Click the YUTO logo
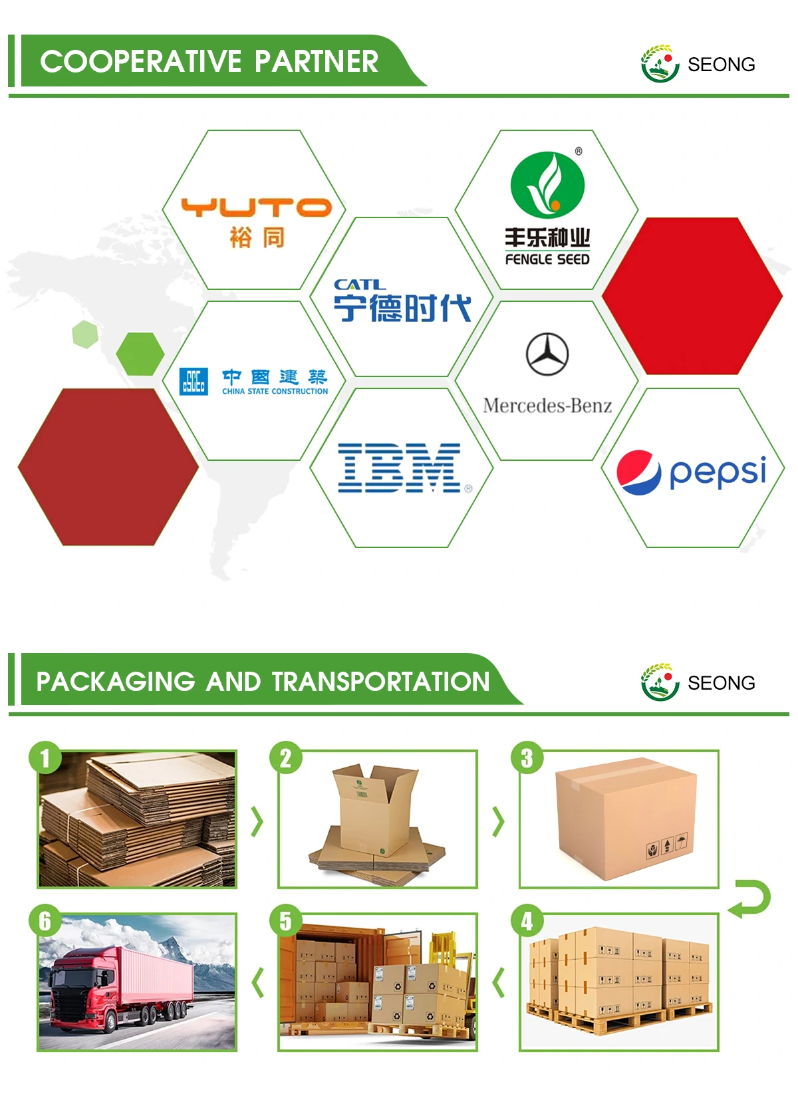pos(256,207)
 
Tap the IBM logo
pos(400,468)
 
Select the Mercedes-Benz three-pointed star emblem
pos(547,354)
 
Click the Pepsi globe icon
pos(638,472)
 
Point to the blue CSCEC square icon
pos(194,382)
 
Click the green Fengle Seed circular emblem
pos(547,184)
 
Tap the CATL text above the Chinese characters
pos(359,285)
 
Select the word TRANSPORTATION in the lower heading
pos(380,682)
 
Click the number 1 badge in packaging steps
pos(45,758)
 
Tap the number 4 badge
pos(527,921)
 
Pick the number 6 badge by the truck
pos(45,921)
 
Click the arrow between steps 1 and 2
pos(257,821)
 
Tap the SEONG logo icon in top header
pos(659,64)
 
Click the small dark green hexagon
pos(140,353)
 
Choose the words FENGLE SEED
pos(547,259)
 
